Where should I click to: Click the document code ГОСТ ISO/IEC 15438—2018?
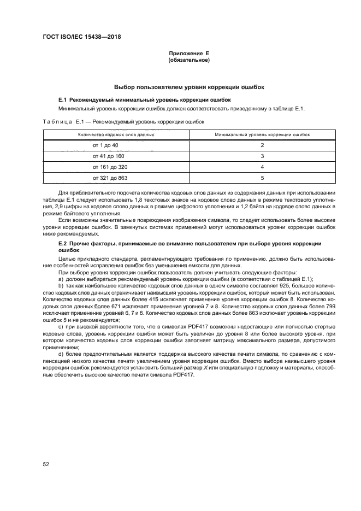click(x=81, y=37)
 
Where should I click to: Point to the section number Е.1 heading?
click(x=62, y=100)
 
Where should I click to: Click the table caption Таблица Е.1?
click(x=62, y=122)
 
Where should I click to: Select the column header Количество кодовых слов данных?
click(x=116, y=134)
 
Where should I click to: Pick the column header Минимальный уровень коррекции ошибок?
click(x=262, y=134)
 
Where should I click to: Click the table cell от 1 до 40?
click(x=105, y=145)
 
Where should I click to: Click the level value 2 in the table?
click(x=262, y=145)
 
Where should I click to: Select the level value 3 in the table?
click(x=262, y=156)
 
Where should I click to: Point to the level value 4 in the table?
click(x=262, y=167)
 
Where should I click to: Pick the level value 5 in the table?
click(x=262, y=178)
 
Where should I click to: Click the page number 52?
click(x=46, y=464)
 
